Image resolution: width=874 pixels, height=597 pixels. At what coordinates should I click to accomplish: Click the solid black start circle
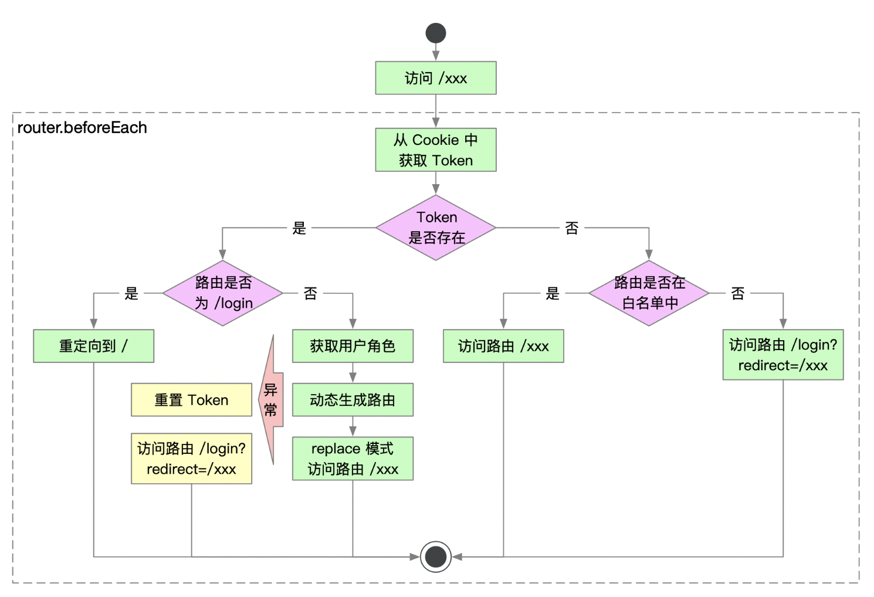point(435,33)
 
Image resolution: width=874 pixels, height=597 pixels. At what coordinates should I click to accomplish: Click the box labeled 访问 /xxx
point(435,78)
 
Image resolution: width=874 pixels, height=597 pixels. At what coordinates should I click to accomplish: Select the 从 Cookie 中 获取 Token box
point(435,150)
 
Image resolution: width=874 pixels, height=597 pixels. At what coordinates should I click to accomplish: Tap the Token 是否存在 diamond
point(435,228)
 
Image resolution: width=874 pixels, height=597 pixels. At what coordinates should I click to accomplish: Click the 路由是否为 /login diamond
point(223,293)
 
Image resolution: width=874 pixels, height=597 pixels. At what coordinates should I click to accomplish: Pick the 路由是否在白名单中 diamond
point(649,293)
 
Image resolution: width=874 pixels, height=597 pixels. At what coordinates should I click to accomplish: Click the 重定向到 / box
point(93,346)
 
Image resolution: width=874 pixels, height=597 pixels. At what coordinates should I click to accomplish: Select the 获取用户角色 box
point(353,346)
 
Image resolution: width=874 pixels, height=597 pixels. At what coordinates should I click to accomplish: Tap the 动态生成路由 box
point(353,400)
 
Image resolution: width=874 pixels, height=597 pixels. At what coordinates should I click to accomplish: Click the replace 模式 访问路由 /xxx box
point(353,459)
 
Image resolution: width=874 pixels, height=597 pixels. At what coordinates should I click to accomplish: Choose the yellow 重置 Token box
point(191,400)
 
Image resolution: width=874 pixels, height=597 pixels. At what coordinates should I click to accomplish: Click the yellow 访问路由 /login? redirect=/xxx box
point(191,459)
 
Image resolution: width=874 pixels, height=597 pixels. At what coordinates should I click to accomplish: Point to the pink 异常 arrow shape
point(271,400)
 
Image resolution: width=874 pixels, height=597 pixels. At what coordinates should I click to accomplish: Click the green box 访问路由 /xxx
point(503,346)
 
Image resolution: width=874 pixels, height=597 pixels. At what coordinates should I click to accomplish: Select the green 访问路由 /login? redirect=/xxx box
point(782,355)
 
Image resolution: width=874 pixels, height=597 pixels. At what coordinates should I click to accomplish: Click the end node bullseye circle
point(435,557)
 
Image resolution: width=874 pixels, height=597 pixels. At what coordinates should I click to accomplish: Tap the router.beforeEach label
point(82,128)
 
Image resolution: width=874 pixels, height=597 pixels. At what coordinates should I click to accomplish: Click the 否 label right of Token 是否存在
point(571,228)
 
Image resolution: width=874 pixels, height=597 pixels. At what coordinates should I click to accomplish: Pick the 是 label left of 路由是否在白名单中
point(553,293)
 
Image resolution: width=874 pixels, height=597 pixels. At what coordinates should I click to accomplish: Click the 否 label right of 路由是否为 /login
point(310,293)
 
